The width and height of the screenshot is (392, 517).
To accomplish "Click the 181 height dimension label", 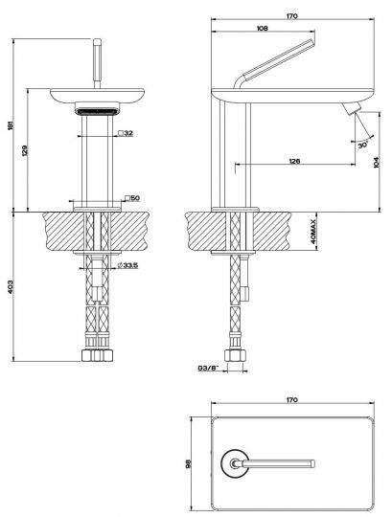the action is click(10, 125).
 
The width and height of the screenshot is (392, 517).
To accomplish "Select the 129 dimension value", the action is click(24, 150).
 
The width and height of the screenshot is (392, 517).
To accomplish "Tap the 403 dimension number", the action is click(10, 286).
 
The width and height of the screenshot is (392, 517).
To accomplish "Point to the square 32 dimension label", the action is click(126, 133).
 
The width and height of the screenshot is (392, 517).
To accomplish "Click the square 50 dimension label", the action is click(132, 198).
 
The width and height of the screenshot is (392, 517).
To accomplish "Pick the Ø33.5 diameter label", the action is click(127, 265).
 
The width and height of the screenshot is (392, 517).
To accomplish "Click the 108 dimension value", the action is click(263, 29).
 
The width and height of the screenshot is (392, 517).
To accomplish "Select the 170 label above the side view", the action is click(292, 16).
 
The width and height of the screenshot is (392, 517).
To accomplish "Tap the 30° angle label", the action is click(363, 145).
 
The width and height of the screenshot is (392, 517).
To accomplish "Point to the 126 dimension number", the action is click(294, 161).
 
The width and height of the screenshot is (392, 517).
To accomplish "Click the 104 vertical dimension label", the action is click(377, 162).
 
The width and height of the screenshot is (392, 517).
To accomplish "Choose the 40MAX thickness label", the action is click(313, 232).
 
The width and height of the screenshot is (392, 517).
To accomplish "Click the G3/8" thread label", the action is click(209, 368).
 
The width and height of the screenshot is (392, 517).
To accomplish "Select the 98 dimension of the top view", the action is click(189, 464).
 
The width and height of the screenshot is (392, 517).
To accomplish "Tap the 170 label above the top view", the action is click(292, 400).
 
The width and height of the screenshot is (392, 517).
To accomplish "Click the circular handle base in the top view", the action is click(235, 463).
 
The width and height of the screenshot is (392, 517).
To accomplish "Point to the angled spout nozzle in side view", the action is click(352, 108).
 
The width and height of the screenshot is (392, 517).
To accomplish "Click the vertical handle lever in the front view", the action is click(97, 63).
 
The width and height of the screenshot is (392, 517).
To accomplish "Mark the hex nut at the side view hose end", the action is click(235, 355).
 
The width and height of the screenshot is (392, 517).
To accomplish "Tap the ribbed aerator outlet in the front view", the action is click(97, 111).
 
